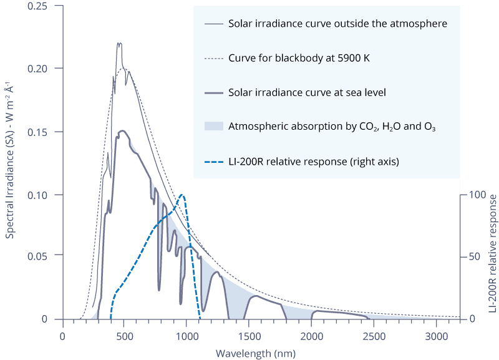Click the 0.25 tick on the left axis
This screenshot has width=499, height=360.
[45, 6]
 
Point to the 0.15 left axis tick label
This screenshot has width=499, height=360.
[45, 132]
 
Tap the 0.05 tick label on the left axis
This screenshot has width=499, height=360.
[45, 256]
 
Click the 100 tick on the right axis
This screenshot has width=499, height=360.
[476, 195]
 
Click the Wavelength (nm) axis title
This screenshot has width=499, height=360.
[261, 353]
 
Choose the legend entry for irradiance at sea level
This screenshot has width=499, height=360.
[308, 92]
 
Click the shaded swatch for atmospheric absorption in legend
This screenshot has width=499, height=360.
[214, 126]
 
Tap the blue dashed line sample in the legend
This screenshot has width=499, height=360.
[214, 161]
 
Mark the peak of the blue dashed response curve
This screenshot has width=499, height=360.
[182, 195]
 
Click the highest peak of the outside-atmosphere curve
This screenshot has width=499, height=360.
[119, 43]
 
